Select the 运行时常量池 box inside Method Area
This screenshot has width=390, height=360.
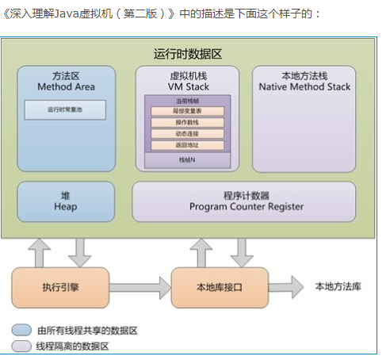pos(65,110)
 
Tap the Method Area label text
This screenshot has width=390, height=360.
pos(66,85)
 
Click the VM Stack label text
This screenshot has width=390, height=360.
pos(187,85)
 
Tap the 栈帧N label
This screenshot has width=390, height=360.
pos(187,159)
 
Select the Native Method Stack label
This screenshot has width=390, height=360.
pos(304,85)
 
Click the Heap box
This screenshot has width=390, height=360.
pos(66,201)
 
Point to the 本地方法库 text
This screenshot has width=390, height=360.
pos(338,286)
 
